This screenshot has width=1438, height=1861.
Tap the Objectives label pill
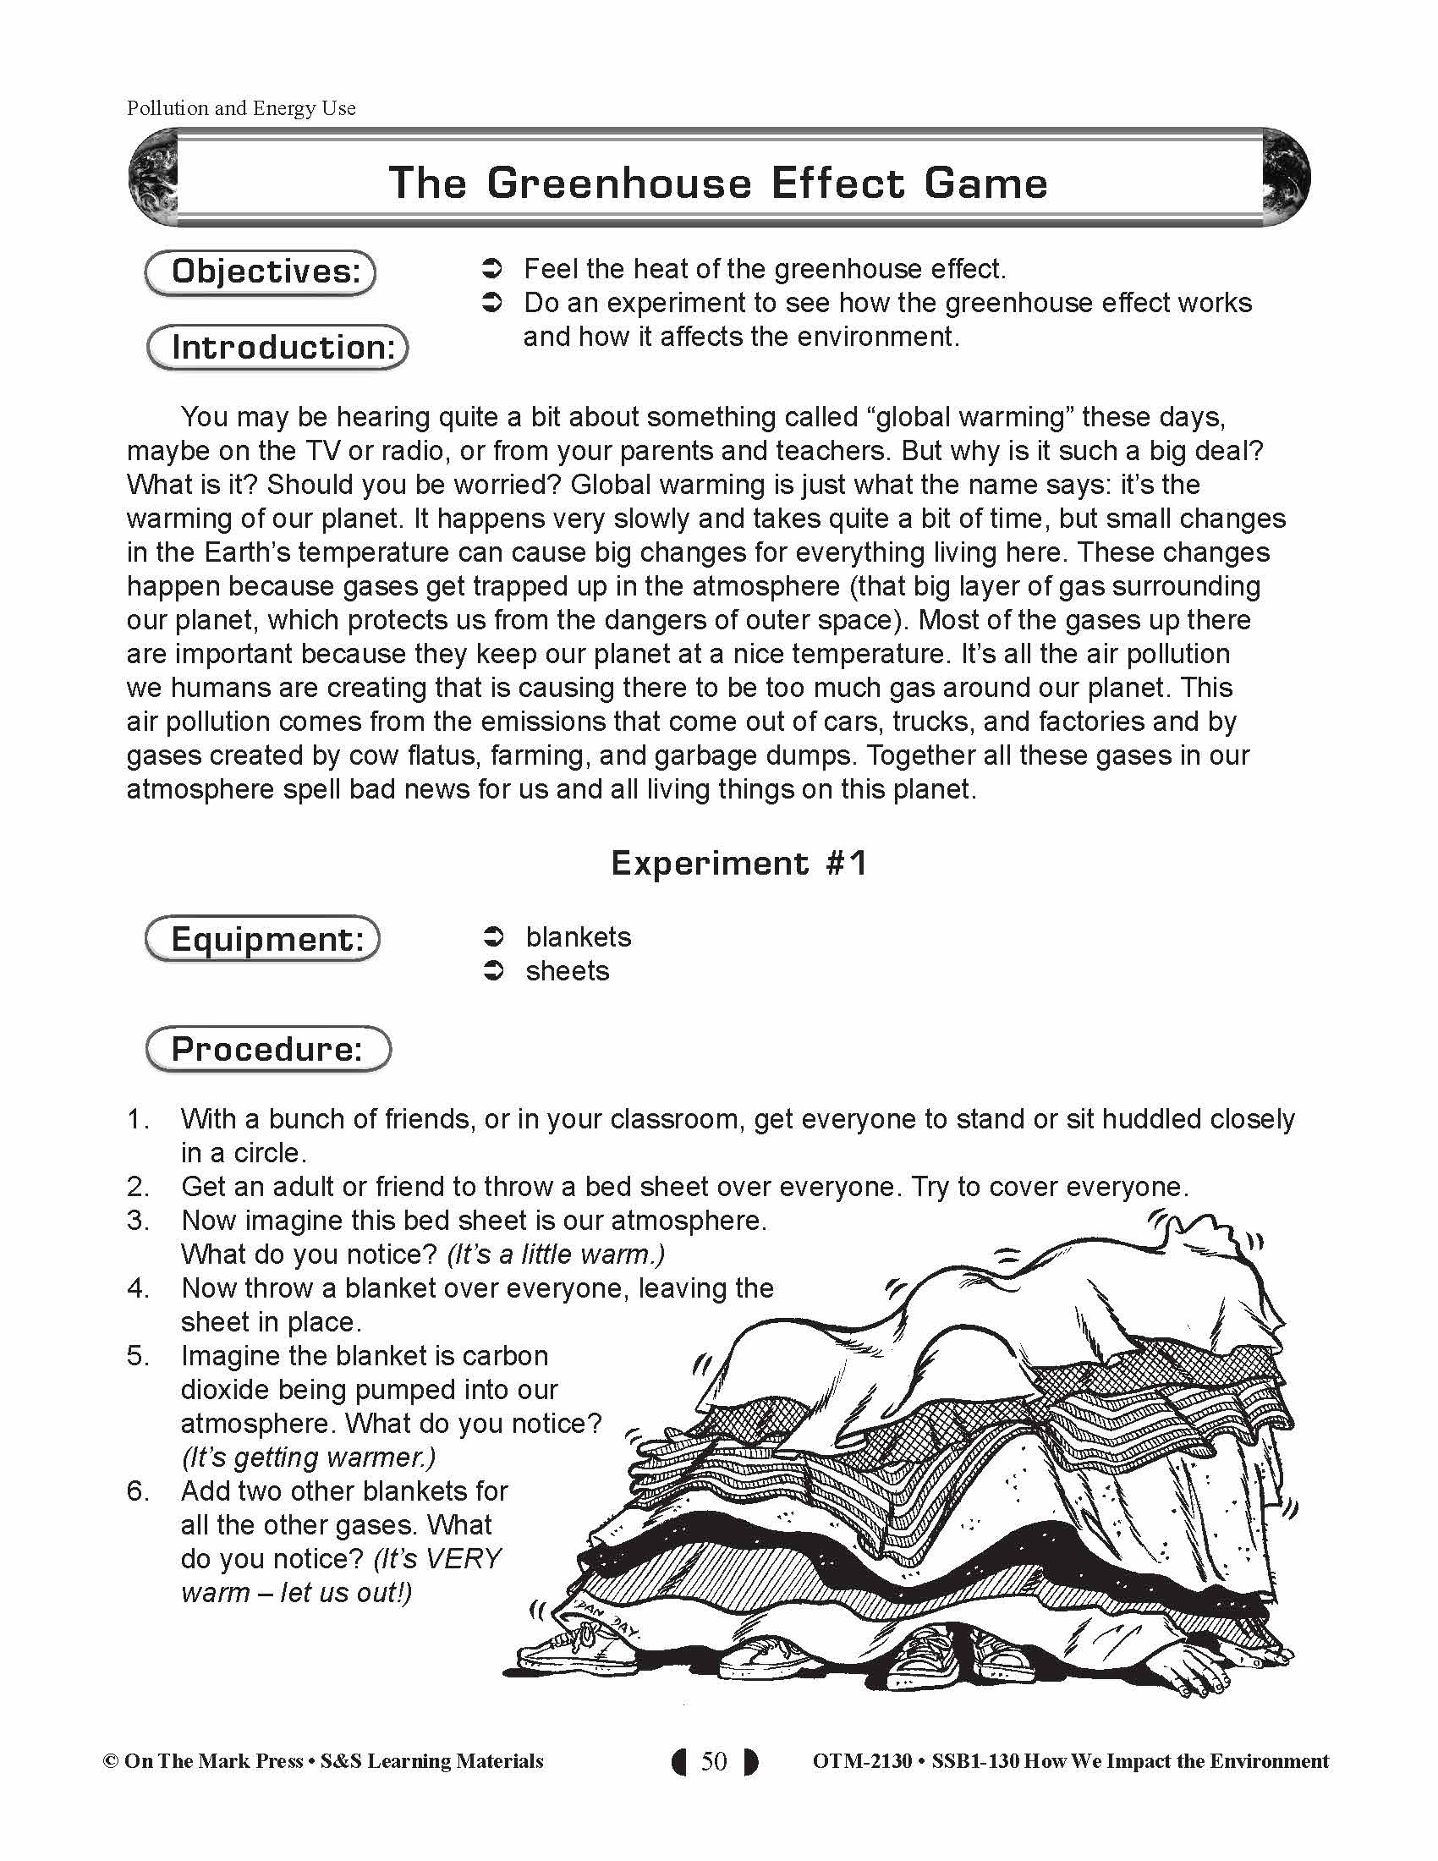pos(261,272)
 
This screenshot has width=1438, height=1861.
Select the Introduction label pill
pos(277,348)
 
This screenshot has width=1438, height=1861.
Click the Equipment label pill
pos(262,939)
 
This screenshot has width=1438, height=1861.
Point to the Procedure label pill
pos(267,1049)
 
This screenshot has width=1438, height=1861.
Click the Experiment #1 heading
pos(738,863)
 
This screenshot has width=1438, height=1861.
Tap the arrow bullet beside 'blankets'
pos(493,937)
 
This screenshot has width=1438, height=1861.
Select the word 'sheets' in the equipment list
pos(568,971)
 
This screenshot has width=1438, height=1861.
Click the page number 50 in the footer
pos(714,1761)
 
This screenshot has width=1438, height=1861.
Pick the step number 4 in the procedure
pos(137,1288)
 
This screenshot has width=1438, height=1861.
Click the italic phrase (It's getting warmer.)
pos(309,1458)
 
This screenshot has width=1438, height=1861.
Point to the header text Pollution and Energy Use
pos(241,108)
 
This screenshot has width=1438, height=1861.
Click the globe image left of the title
pos(153,178)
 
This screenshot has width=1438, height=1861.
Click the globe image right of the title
pos(1285,178)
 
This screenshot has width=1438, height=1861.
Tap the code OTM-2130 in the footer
pos(861,1761)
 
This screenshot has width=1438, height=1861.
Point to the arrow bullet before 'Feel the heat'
pos(493,269)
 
